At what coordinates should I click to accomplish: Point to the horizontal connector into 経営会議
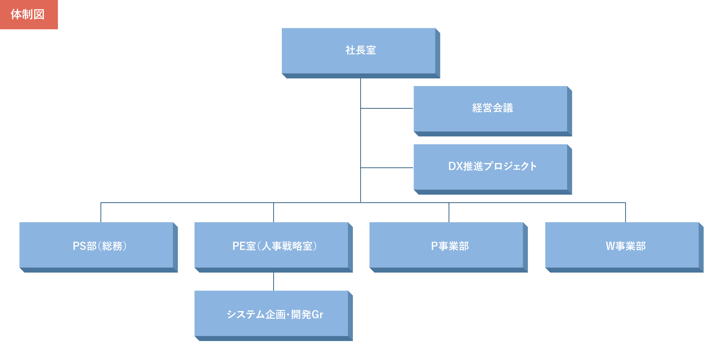387,108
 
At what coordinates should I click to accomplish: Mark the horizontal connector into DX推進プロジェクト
387,168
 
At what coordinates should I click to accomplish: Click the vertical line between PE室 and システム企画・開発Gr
273,281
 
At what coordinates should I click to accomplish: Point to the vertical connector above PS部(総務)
101,212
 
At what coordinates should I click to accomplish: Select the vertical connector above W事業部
625,212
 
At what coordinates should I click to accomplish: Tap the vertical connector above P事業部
449,212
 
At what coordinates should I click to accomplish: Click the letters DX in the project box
455,166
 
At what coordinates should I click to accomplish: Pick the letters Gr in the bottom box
317,315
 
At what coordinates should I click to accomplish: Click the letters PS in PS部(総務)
79,246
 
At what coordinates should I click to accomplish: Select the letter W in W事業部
610,246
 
